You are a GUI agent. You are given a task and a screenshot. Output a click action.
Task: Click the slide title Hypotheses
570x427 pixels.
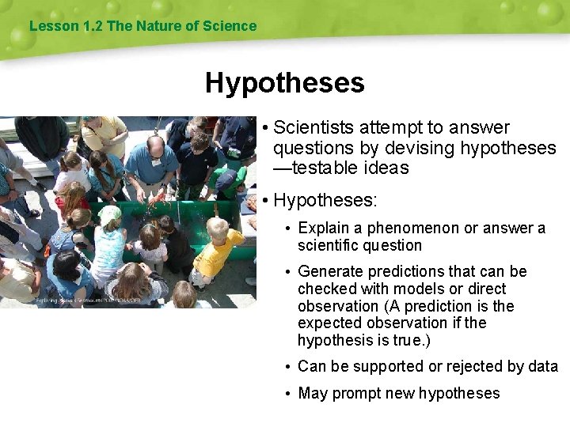[x=284, y=83]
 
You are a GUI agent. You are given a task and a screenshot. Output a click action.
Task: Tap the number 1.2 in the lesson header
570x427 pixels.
[x=93, y=26]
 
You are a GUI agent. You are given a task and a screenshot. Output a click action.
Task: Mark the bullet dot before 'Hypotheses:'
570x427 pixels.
[x=265, y=202]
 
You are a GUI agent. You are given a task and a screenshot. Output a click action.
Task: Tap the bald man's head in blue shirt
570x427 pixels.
[x=156, y=145]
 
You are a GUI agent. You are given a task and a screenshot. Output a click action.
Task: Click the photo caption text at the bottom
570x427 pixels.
[x=88, y=300]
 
